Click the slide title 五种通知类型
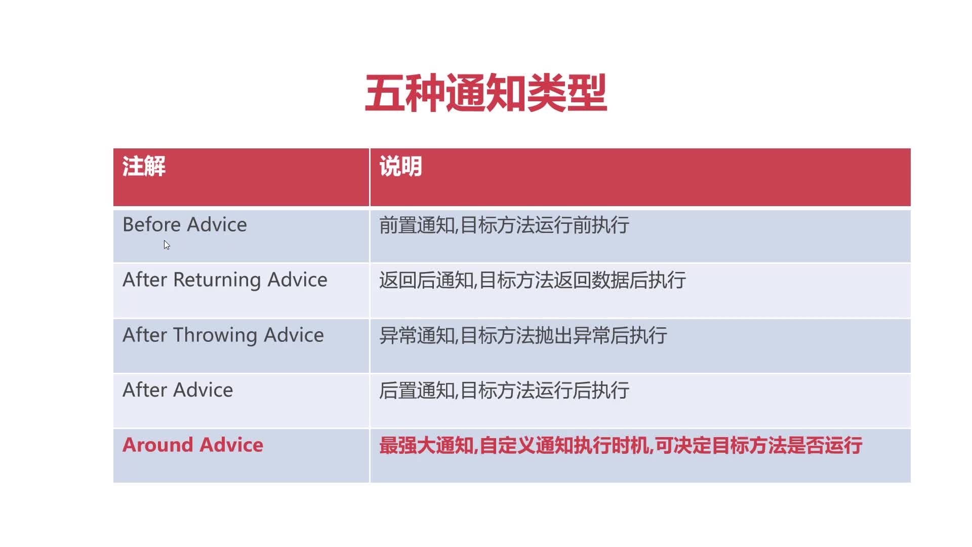coord(486,93)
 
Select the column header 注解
coord(144,166)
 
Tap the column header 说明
coord(400,166)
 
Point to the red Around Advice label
coord(193,445)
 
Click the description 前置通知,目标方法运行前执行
coord(504,225)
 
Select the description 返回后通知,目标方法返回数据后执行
coord(533,280)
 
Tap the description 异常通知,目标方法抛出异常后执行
coord(523,335)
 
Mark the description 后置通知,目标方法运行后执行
coord(504,390)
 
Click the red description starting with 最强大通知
coord(621,446)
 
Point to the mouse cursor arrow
coord(167,245)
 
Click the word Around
coord(158,445)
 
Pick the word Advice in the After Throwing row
coord(294,335)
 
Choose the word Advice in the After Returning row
coord(298,280)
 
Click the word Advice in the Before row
coord(217,224)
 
